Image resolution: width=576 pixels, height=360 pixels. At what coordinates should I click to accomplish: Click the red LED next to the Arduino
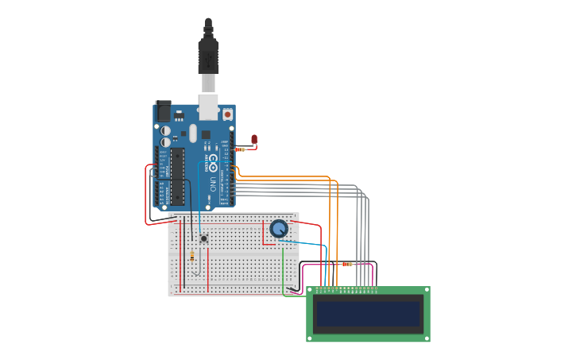pyautogui.click(x=254, y=140)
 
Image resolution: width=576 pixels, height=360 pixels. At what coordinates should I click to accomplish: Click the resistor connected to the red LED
pyautogui.click(x=240, y=149)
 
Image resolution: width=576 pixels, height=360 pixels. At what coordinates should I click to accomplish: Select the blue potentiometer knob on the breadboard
pyautogui.click(x=279, y=229)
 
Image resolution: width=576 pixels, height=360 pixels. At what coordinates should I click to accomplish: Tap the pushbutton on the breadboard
pyautogui.click(x=203, y=238)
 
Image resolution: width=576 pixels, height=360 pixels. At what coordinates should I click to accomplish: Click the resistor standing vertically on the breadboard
pyautogui.click(x=192, y=256)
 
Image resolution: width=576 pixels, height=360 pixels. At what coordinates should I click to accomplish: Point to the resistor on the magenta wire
pyautogui.click(x=346, y=264)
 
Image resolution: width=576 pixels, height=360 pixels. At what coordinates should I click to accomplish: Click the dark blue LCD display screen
pyautogui.click(x=367, y=314)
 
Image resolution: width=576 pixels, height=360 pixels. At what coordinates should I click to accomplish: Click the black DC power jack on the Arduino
pyautogui.click(x=163, y=110)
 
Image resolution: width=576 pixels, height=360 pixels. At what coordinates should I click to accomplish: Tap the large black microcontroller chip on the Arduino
pyautogui.click(x=177, y=175)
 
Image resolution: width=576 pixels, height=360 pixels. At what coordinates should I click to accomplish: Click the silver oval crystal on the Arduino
pyautogui.click(x=191, y=134)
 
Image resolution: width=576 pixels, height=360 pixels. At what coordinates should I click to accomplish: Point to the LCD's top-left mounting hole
pyautogui.click(x=311, y=291)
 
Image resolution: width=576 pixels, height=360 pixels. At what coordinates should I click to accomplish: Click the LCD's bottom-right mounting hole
pyautogui.click(x=426, y=338)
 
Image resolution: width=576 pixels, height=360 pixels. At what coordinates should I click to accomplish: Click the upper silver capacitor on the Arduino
pyautogui.click(x=165, y=130)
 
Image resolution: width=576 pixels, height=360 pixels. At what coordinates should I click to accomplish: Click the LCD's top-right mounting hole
pyautogui.click(x=426, y=291)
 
